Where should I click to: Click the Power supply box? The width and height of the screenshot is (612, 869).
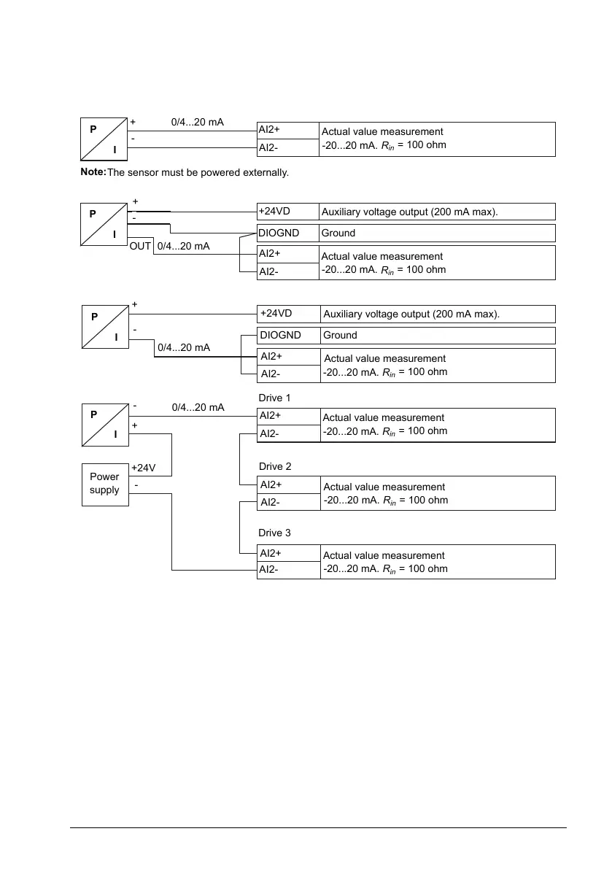tap(104, 484)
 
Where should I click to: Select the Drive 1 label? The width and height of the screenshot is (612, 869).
tap(275, 398)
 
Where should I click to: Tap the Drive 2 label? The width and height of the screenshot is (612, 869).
tap(275, 466)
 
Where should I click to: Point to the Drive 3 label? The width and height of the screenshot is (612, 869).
tap(275, 534)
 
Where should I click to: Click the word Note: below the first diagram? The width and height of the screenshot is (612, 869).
tap(93, 172)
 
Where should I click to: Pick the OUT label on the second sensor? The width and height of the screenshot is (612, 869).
tap(140, 247)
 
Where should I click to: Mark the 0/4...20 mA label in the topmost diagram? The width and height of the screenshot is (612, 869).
tap(197, 123)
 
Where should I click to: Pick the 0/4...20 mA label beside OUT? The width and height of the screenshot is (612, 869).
tap(183, 247)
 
